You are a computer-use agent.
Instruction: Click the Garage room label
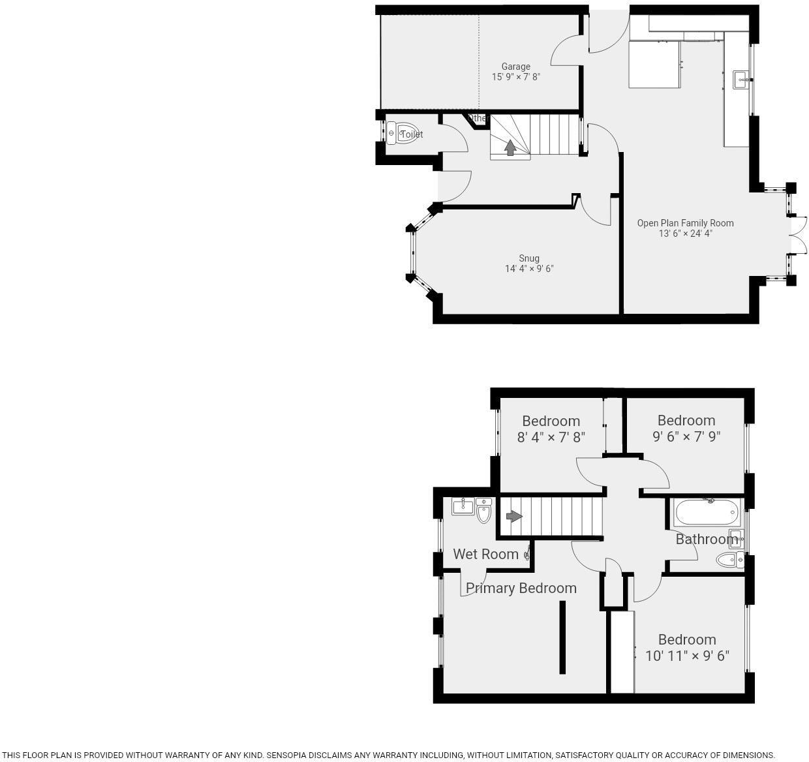(515, 67)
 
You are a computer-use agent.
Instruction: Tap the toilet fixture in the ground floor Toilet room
(401, 133)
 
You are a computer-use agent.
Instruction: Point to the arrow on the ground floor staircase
(510, 148)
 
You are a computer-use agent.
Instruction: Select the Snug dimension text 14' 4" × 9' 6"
(528, 269)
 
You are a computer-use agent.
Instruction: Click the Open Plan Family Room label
(685, 223)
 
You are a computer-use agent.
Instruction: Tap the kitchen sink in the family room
(741, 80)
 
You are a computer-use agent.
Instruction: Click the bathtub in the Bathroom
(708, 512)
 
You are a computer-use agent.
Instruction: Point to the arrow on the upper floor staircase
(514, 517)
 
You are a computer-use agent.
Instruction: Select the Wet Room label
(485, 554)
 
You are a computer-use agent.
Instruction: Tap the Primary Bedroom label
(521, 588)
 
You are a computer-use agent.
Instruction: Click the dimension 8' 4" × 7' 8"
(551, 437)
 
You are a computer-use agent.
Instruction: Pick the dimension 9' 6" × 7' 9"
(686, 436)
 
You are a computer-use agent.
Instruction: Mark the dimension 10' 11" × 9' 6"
(687, 656)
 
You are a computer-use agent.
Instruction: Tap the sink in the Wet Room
(463, 506)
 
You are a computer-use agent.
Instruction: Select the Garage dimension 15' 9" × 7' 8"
(515, 77)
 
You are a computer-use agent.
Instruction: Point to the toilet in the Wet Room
(483, 511)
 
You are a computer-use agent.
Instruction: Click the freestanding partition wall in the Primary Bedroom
(562, 637)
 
